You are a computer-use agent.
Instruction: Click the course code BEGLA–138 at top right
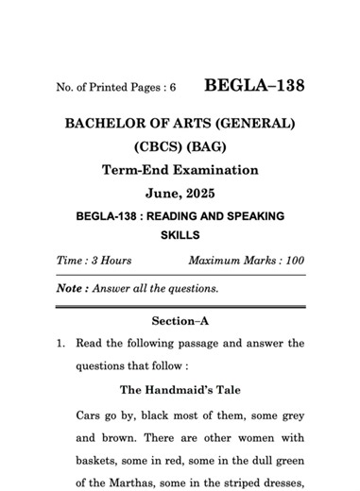tap(254, 86)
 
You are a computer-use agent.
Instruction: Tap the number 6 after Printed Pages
tap(173, 88)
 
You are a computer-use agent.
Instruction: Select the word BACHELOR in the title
tap(105, 124)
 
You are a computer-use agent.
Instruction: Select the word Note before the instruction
tap(67, 288)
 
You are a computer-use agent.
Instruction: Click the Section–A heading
tap(180, 321)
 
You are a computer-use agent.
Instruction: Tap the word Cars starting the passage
tap(90, 415)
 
